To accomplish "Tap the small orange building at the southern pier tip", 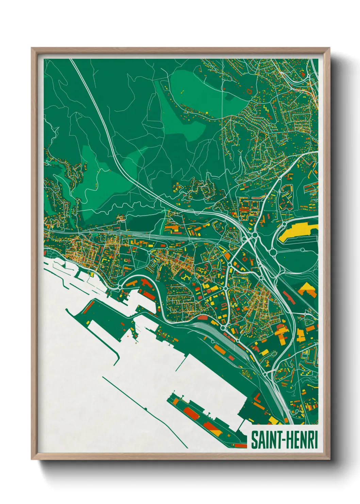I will (x=242, y=445).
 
